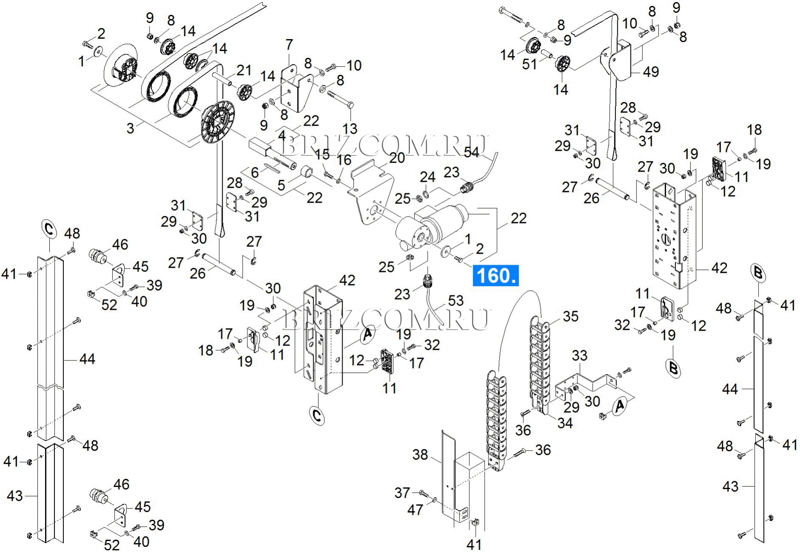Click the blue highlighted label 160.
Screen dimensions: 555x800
pyautogui.click(x=495, y=275)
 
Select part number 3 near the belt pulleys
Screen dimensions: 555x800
pyautogui.click(x=130, y=128)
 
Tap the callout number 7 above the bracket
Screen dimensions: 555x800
pyautogui.click(x=289, y=45)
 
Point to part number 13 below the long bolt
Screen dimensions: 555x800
pyautogui.click(x=350, y=128)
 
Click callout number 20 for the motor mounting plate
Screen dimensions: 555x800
pyautogui.click(x=397, y=158)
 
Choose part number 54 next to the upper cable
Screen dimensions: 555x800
pyautogui.click(x=471, y=152)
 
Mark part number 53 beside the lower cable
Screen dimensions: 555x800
pyautogui.click(x=455, y=300)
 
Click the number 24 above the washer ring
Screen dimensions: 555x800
pyautogui.click(x=427, y=177)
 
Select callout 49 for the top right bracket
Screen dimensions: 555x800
pyautogui.click(x=650, y=72)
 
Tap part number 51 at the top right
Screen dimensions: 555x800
pyautogui.click(x=529, y=64)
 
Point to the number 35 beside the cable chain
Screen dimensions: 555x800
pyautogui.click(x=570, y=316)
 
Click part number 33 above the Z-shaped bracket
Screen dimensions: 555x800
pyautogui.click(x=579, y=355)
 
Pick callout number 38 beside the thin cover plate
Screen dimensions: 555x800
pyautogui.click(x=420, y=455)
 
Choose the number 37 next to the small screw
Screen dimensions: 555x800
pyautogui.click(x=402, y=493)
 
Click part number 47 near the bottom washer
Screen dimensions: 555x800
pyautogui.click(x=415, y=510)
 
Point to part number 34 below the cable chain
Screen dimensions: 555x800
pyautogui.click(x=565, y=423)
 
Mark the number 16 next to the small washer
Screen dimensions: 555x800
pyautogui.click(x=344, y=160)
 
